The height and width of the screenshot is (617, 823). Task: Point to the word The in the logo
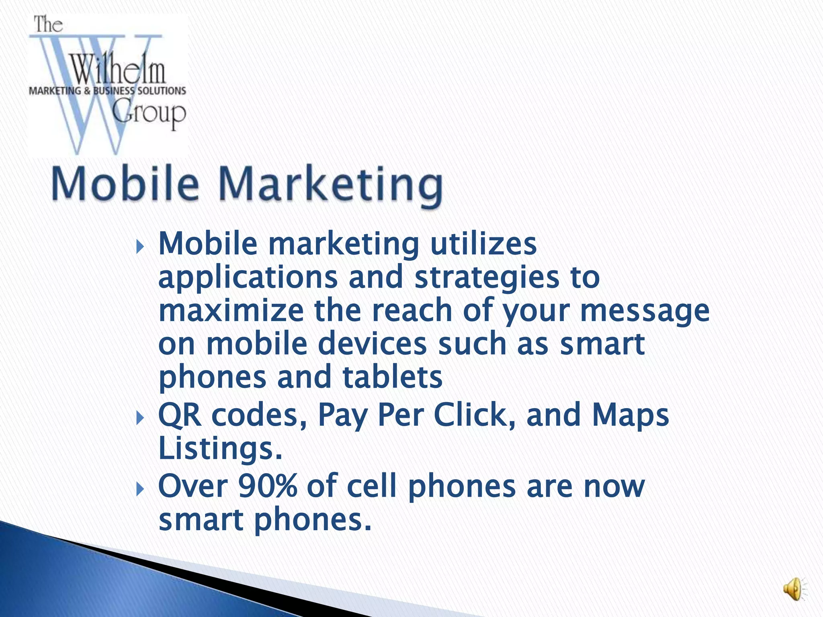coord(48,25)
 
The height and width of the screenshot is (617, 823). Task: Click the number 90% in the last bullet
coord(268,486)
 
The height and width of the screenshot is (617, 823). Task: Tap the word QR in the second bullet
coord(180,416)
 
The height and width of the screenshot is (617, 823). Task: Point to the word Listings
coord(220,449)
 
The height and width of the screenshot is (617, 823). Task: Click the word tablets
coord(392,377)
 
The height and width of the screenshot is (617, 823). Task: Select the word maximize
coord(231,311)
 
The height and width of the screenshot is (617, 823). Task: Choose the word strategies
coord(487,278)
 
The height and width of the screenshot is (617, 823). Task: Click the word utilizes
coord(483,244)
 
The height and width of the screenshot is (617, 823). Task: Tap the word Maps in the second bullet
coord(631,416)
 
